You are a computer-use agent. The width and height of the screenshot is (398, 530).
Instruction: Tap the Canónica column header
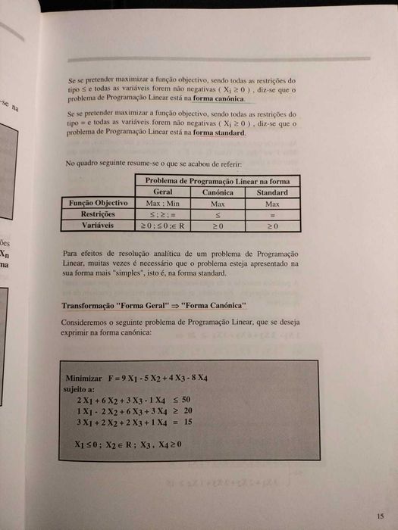pos(218,192)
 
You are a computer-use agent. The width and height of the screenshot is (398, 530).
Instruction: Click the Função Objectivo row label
pos(98,204)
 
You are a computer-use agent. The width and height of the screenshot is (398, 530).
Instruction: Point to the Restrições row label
pos(99,214)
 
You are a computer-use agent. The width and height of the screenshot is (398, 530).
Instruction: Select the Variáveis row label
pos(99,225)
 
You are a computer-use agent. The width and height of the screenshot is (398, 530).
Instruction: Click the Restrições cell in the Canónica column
pos(218,214)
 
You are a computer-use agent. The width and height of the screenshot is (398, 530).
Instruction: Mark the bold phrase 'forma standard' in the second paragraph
pos(220,132)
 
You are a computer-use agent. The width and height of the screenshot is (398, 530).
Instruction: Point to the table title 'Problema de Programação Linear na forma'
pos(217,181)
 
